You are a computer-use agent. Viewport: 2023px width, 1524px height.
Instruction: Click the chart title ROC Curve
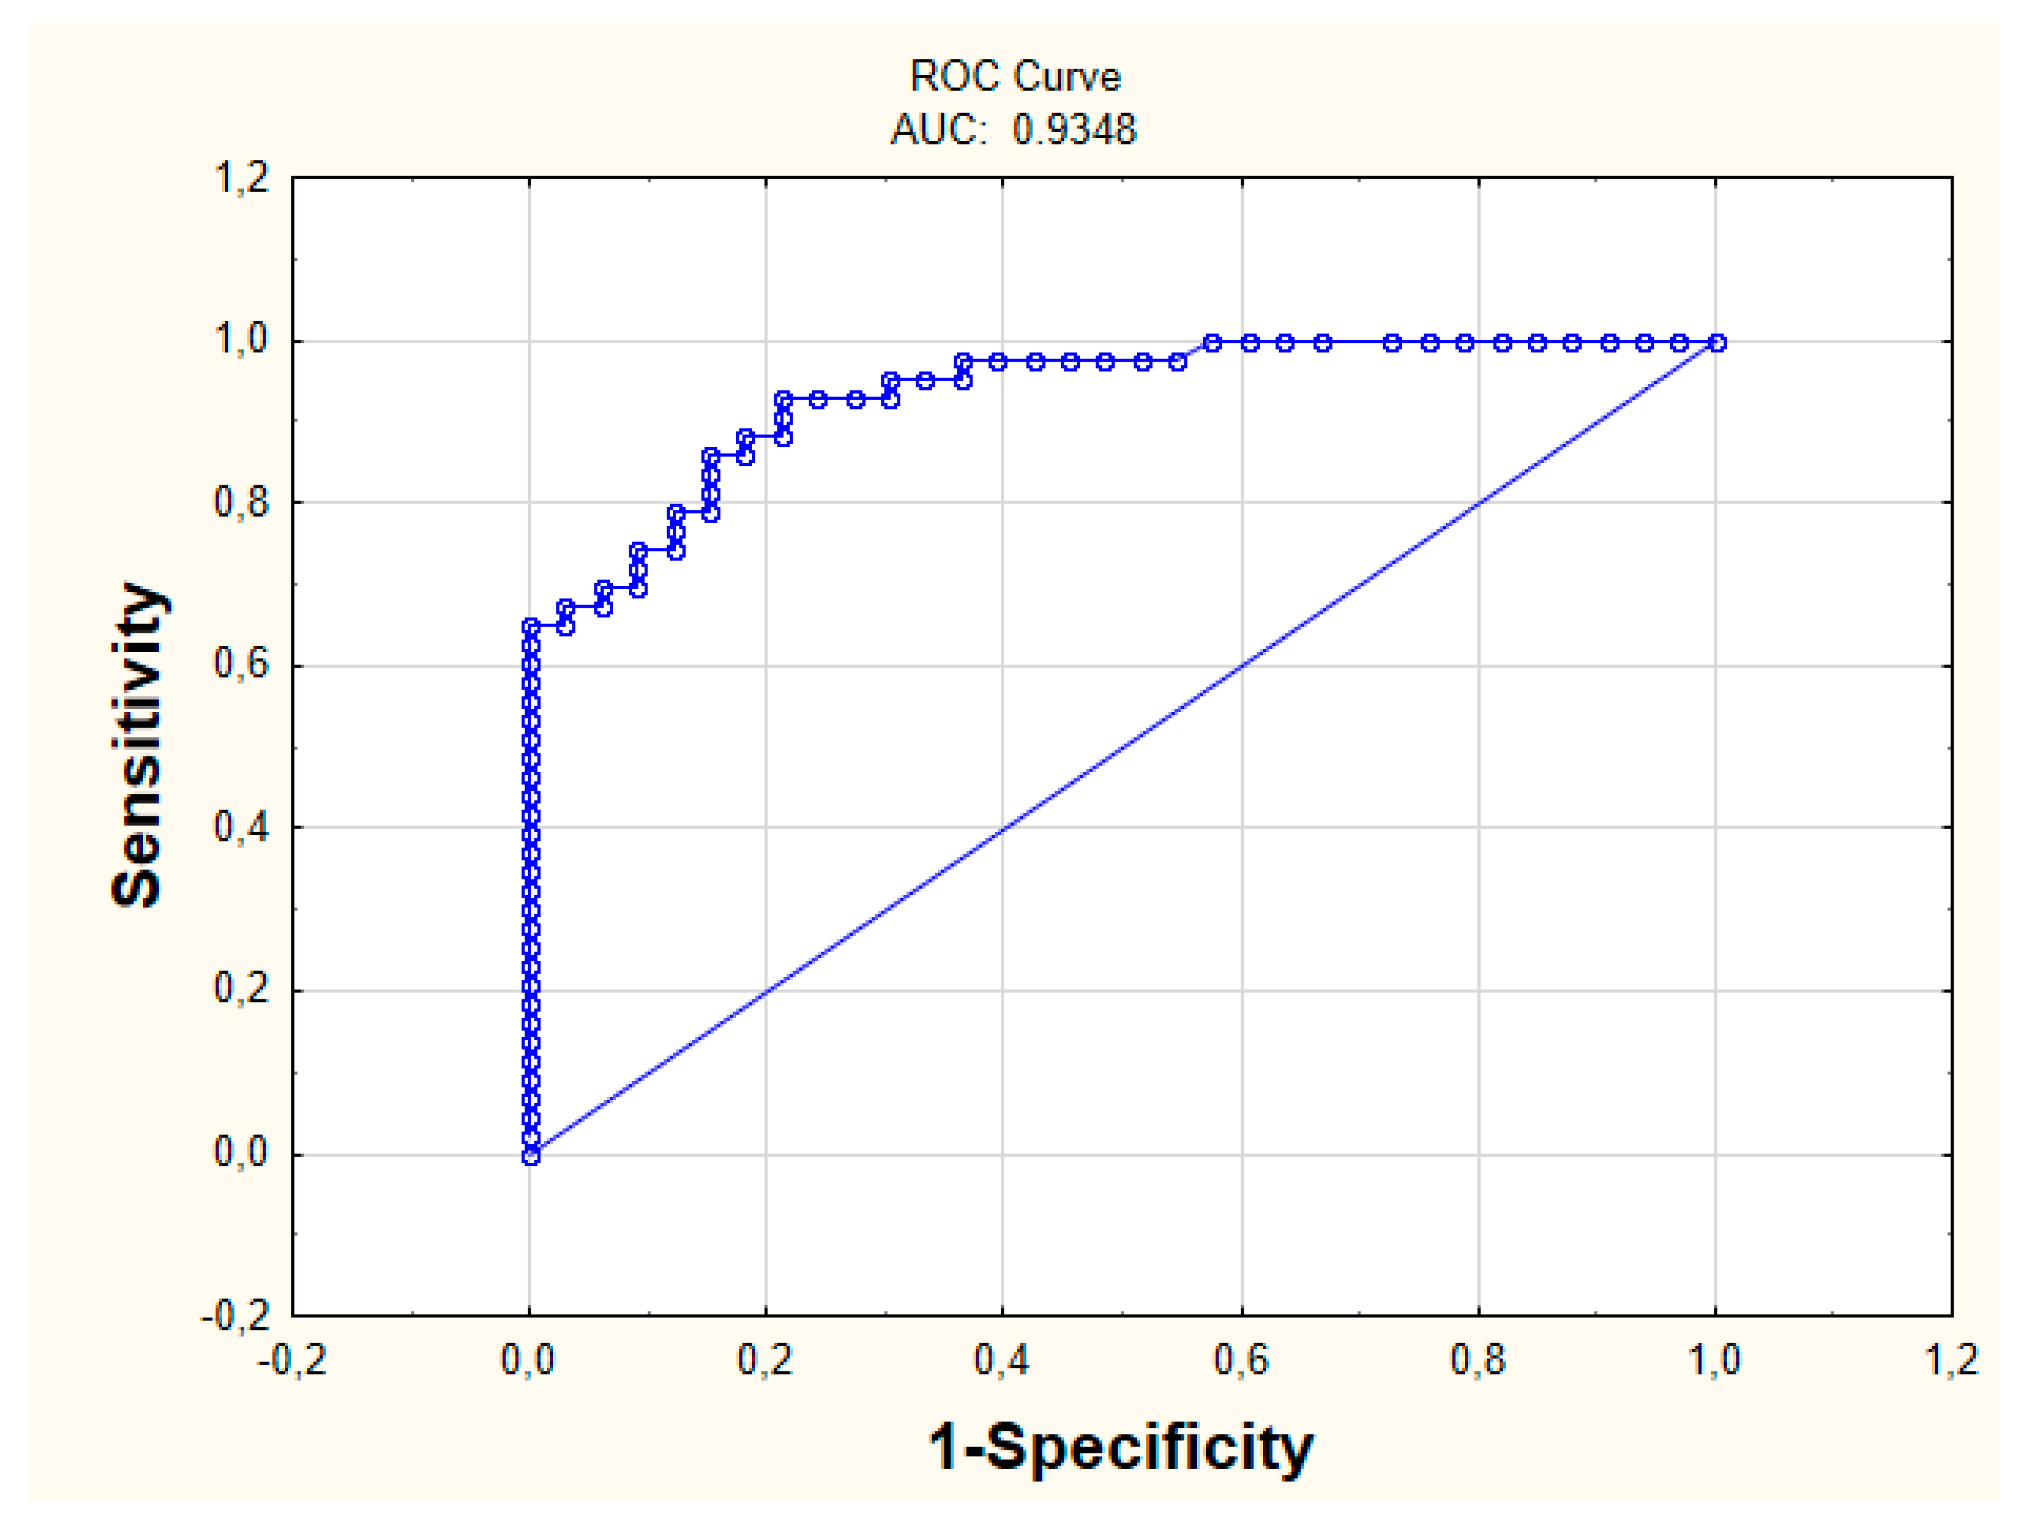[x=1015, y=76]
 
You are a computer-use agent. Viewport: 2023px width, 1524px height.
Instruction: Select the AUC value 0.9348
[x=1074, y=130]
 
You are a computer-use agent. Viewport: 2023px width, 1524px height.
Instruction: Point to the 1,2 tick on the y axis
[x=241, y=177]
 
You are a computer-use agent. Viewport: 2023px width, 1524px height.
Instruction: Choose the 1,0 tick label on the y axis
[x=241, y=340]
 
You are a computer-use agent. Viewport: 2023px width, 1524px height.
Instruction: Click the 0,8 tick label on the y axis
[x=241, y=502]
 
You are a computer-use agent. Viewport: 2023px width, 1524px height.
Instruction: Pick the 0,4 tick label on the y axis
[x=241, y=828]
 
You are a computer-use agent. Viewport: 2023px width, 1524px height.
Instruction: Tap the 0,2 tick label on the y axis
[x=241, y=989]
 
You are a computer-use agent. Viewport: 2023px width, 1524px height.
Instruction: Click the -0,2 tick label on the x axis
[x=292, y=1360]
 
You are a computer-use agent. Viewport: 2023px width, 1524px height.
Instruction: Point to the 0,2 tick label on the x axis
[x=766, y=1360]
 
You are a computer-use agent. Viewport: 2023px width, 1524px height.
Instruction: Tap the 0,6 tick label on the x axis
[x=1241, y=1360]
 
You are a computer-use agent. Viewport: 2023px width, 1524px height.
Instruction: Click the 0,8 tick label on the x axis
[x=1478, y=1360]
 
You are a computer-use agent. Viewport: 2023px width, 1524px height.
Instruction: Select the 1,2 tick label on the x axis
[x=1952, y=1360]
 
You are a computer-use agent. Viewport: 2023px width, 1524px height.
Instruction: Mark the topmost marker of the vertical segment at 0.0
[x=531, y=626]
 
